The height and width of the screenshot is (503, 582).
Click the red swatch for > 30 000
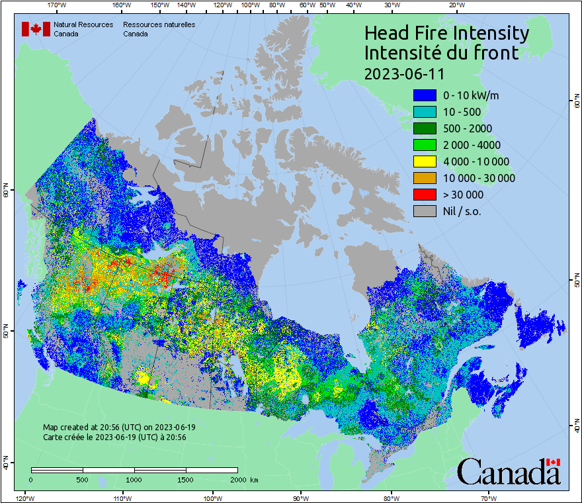click(425, 195)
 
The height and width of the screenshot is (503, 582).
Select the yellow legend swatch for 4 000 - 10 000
click(425, 161)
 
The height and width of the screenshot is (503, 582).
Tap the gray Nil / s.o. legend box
click(425, 211)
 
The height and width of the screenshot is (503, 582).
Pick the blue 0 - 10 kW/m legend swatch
click(425, 95)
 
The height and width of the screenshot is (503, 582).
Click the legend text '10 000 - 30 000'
click(479, 178)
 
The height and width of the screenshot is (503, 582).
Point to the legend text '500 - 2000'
click(468, 128)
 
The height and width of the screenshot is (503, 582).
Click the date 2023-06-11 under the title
click(404, 73)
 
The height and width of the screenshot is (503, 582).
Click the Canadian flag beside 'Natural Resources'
click(36, 29)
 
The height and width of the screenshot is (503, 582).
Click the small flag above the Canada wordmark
click(553, 462)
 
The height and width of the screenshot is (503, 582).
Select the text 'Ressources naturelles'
click(159, 24)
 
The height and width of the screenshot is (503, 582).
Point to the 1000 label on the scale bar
click(134, 479)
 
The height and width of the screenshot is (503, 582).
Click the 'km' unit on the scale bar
click(255, 479)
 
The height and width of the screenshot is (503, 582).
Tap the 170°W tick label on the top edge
click(58, 5)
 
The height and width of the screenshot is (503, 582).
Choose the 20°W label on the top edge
click(455, 5)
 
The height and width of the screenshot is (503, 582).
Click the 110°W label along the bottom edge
click(122, 498)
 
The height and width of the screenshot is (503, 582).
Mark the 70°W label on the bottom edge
click(488, 498)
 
